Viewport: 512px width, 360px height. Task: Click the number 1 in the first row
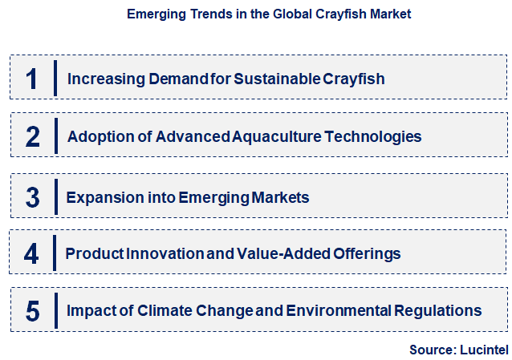32,79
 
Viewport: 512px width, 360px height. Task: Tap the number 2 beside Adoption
32,136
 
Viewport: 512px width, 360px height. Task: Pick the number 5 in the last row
32,310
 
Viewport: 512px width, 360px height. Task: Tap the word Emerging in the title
157,14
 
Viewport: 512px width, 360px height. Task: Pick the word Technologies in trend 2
373,136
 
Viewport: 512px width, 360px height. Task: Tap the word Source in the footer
432,350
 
